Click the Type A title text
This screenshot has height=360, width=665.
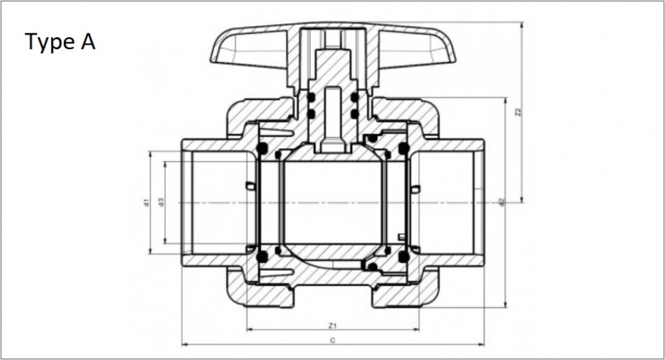(61, 42)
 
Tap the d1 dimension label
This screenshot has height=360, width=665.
(146, 202)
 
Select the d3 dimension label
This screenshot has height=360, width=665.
(161, 202)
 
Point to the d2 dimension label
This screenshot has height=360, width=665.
(501, 202)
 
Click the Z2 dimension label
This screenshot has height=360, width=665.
(517, 112)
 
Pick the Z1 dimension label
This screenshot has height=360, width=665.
(332, 325)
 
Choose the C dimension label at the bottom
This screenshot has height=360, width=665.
(332, 340)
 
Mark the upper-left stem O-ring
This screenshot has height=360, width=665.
(311, 98)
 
